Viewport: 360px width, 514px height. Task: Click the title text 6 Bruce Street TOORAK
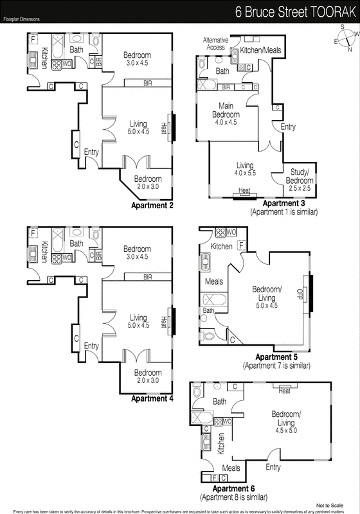point(295,12)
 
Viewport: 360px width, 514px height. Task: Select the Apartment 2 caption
point(152,206)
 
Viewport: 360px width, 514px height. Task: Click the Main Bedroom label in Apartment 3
point(226,110)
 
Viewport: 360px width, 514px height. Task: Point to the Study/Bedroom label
point(300,176)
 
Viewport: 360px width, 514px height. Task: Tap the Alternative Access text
point(215,44)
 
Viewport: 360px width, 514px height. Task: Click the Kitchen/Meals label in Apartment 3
point(260,50)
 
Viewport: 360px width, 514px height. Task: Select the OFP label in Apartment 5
point(299,294)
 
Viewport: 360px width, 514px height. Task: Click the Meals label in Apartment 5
point(214,281)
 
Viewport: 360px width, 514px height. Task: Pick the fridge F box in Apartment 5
point(241,245)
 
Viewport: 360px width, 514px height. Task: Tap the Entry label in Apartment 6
point(273,467)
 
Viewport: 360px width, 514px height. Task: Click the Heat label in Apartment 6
point(284,391)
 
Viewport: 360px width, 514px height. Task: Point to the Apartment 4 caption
point(152,398)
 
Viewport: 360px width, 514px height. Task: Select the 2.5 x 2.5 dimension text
point(300,188)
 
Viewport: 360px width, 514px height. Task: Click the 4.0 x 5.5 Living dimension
point(245,173)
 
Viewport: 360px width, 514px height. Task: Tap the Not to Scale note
point(330,506)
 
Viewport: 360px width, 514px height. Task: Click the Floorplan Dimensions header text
point(22,19)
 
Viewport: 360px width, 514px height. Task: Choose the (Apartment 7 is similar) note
point(276,366)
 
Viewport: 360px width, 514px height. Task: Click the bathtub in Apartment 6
point(203,418)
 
